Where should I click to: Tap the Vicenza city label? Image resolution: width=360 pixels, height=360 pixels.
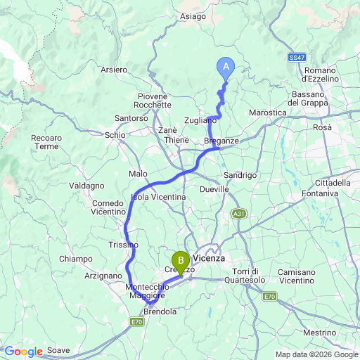210,258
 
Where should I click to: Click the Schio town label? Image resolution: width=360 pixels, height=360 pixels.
114,134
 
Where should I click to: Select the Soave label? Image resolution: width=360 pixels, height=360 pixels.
60,350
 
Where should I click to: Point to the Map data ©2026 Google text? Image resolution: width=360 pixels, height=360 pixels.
316,354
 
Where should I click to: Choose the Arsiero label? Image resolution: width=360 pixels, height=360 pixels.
114,70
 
